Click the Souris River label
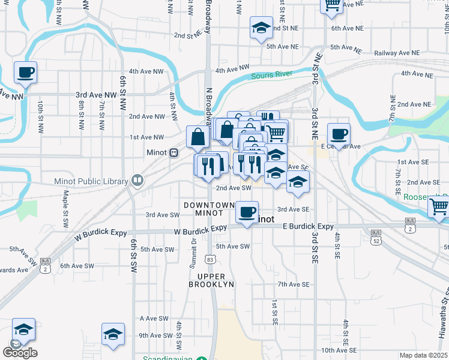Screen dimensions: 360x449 (271, 75)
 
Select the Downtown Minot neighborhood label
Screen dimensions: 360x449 (209, 209)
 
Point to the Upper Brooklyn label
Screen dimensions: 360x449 (211, 280)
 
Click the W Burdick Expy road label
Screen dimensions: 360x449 (200, 230)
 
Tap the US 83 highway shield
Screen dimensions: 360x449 (209, 259)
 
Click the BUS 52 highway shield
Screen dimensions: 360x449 (376, 236)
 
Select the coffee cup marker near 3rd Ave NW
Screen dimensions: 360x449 (25, 73)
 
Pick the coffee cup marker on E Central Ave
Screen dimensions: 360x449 (339, 134)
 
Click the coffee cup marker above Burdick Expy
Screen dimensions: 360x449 (247, 212)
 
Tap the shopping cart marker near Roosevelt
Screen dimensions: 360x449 (439, 206)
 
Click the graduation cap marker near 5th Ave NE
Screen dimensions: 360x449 (261, 28)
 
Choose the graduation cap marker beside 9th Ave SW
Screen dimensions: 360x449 (113, 335)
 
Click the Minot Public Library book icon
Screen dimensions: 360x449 (137, 181)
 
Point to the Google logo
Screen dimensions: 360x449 (20, 353)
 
